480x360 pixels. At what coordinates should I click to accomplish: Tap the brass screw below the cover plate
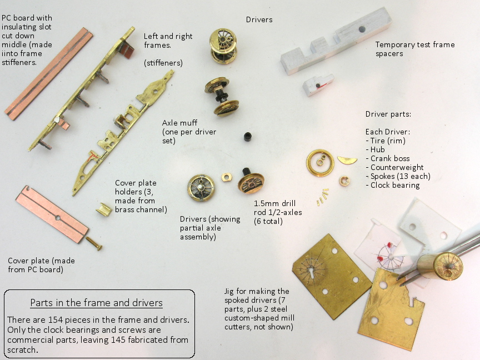(94, 243)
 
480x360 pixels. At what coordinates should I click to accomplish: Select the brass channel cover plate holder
(104, 209)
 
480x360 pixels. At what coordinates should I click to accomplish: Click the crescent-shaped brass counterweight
(347, 160)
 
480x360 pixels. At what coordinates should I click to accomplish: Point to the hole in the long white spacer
(362, 29)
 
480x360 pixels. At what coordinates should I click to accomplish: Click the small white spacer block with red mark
(318, 85)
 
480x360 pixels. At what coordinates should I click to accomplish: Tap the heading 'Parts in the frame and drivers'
(96, 303)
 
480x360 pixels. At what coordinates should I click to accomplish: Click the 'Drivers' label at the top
(259, 19)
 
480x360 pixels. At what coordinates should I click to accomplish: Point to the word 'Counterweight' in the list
(397, 167)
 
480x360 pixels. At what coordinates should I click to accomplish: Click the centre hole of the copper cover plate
(58, 218)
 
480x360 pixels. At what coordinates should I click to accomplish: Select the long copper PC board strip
(49, 73)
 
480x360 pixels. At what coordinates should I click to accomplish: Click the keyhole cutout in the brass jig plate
(312, 272)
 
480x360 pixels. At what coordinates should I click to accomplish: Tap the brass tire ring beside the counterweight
(320, 163)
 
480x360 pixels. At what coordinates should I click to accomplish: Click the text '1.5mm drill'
(274, 203)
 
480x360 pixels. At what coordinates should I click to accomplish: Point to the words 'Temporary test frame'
(415, 44)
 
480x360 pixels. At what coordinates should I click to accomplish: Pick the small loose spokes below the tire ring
(323, 197)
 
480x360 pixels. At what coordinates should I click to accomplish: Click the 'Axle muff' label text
(179, 123)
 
